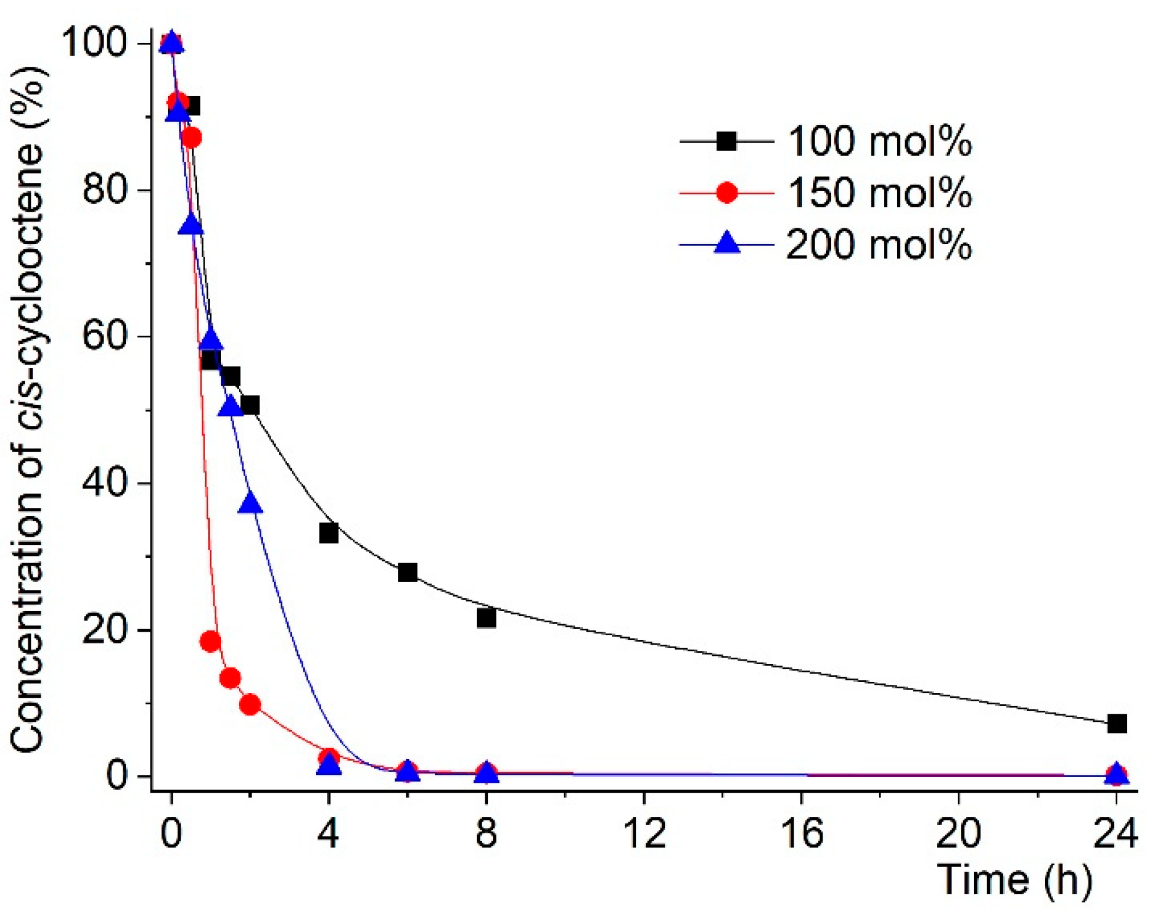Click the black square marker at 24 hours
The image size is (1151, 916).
click(1116, 723)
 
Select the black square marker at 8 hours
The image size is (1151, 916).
click(486, 618)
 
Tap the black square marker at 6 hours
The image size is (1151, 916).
click(407, 572)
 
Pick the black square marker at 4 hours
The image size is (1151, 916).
click(328, 533)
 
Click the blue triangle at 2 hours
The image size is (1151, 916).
click(250, 504)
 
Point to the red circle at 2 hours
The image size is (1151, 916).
click(250, 704)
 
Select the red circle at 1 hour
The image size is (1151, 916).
click(211, 641)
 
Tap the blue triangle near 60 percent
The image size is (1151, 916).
click(211, 341)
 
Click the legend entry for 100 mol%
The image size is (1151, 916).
click(879, 142)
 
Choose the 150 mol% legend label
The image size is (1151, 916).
click(879, 193)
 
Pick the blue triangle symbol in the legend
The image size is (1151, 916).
click(726, 243)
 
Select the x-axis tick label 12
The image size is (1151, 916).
click(644, 833)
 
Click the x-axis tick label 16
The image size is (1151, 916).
click(801, 833)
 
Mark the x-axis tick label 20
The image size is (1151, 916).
click(959, 833)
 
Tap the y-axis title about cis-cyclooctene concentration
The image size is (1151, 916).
click(28, 407)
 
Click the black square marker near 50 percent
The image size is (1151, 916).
click(250, 405)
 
